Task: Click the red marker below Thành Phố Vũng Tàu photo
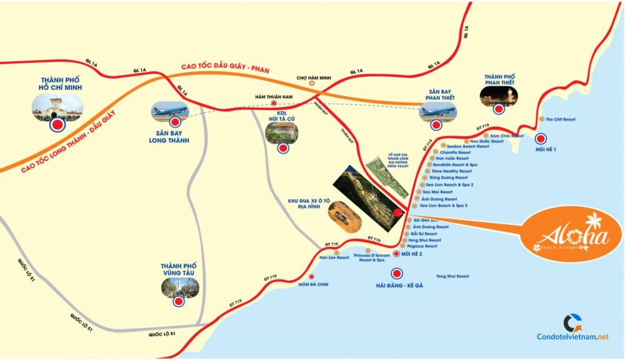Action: click(179, 301)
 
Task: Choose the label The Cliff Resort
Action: click(560, 119)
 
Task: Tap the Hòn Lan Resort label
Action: click(334, 257)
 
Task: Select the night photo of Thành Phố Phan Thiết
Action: click(499, 94)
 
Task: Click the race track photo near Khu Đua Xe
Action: click(343, 216)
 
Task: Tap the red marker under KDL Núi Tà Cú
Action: click(284, 149)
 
